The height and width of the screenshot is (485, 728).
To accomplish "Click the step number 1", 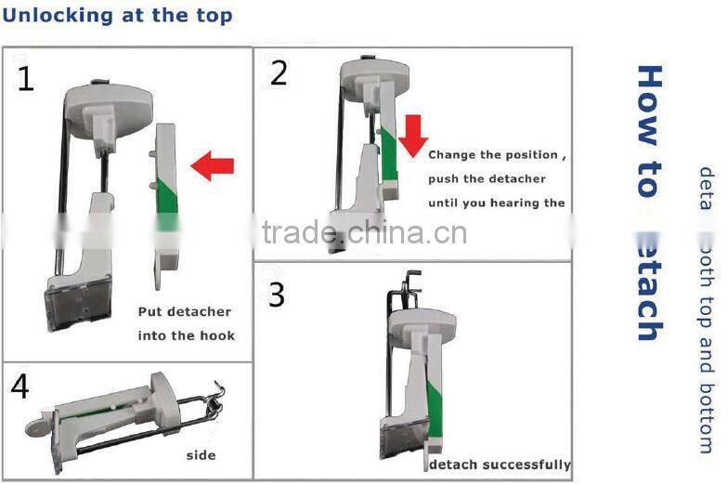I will click(x=25, y=80).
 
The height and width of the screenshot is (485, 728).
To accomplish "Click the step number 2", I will click(x=279, y=73).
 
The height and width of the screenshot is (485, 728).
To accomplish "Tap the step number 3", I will click(x=277, y=295).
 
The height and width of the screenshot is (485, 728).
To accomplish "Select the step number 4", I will click(x=20, y=386).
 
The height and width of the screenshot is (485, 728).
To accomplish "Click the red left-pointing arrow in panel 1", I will click(x=212, y=166).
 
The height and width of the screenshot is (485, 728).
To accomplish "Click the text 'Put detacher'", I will click(x=185, y=312).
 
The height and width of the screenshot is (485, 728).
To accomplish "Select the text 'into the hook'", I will click(x=186, y=335).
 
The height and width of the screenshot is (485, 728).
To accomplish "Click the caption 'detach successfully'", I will click(x=500, y=465).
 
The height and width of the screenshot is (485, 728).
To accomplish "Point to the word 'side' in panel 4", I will click(x=201, y=455).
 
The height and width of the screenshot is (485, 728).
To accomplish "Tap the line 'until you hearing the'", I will click(x=497, y=203).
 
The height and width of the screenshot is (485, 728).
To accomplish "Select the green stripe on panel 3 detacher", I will click(x=435, y=410).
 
